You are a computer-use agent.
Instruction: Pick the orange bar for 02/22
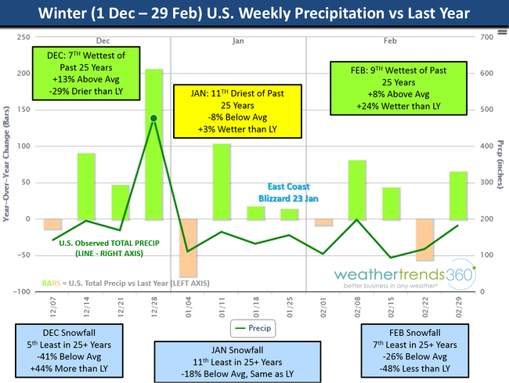click(424, 240)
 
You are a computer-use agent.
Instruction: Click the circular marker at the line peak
click(154, 118)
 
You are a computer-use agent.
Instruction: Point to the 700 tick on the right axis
click(486, 37)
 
